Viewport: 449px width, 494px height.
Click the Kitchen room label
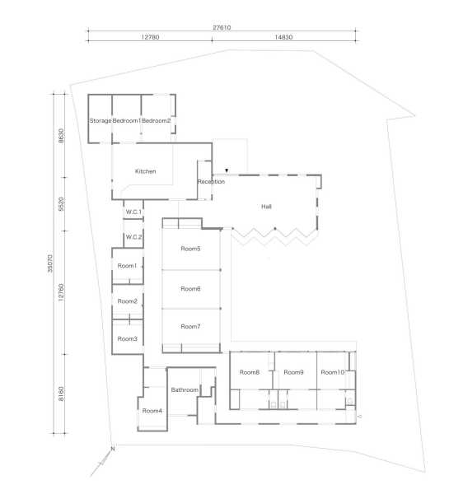tap(145, 171)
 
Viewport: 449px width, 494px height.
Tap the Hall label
tap(266, 207)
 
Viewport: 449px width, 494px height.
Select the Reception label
tap(211, 182)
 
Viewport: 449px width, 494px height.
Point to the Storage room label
tap(101, 121)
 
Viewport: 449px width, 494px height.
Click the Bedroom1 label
tap(126, 121)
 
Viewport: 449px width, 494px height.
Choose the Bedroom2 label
tap(156, 121)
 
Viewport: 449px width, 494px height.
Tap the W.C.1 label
tap(133, 212)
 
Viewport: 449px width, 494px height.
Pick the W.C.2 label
tap(133, 237)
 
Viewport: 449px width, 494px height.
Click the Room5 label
tap(190, 249)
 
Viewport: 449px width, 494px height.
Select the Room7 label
tap(190, 327)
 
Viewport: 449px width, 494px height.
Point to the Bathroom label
tap(185, 390)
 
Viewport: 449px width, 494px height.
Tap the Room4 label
tap(152, 411)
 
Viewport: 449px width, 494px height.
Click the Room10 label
tap(332, 372)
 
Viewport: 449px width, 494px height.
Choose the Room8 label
tap(250, 372)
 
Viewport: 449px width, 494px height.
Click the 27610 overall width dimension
tap(222, 28)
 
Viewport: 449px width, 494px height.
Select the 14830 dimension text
tap(283, 37)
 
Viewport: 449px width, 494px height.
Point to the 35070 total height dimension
tap(49, 263)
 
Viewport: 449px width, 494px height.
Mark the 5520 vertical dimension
tap(61, 204)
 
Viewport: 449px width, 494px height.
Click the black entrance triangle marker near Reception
tap(227, 170)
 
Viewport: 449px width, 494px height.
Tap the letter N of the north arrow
tap(113, 449)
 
